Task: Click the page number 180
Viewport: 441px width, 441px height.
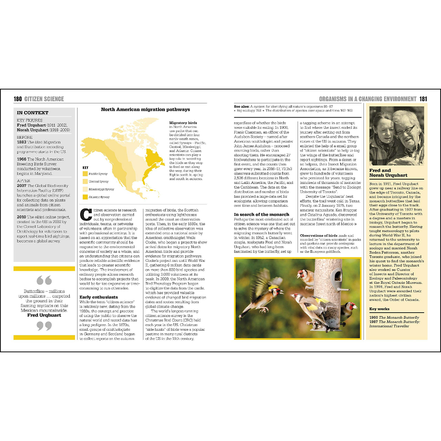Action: coord(17,99)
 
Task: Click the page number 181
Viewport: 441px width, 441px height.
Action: coord(423,99)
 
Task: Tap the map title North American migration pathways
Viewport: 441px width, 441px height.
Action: coord(140,109)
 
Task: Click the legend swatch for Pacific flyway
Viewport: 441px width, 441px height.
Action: coord(85,174)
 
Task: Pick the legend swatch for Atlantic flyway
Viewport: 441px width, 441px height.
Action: coord(85,197)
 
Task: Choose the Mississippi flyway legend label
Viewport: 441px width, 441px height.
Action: coord(101,189)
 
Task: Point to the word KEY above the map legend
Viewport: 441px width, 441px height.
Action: coord(85,167)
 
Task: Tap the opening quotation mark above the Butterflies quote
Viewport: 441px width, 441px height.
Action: coord(44,281)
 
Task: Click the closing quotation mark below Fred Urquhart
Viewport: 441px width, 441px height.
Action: coord(44,326)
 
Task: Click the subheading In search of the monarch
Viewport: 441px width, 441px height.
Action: coord(261,214)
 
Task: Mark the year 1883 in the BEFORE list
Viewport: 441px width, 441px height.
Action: coord(22,142)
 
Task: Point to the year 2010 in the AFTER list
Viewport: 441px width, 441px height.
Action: coord(22,217)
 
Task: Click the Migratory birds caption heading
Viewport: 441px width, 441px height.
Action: coord(183,123)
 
